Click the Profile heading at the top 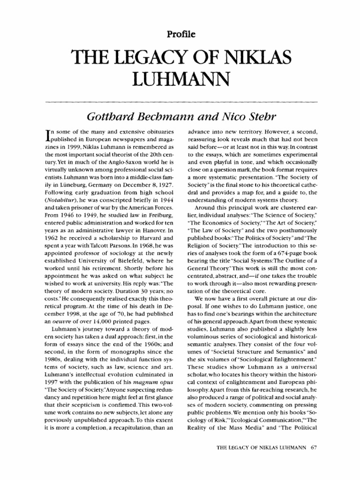coord(180,33)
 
